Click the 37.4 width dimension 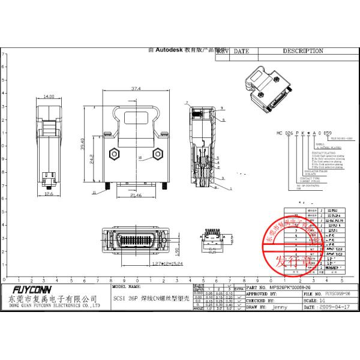136,88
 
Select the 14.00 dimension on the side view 48,96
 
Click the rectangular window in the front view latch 136,117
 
